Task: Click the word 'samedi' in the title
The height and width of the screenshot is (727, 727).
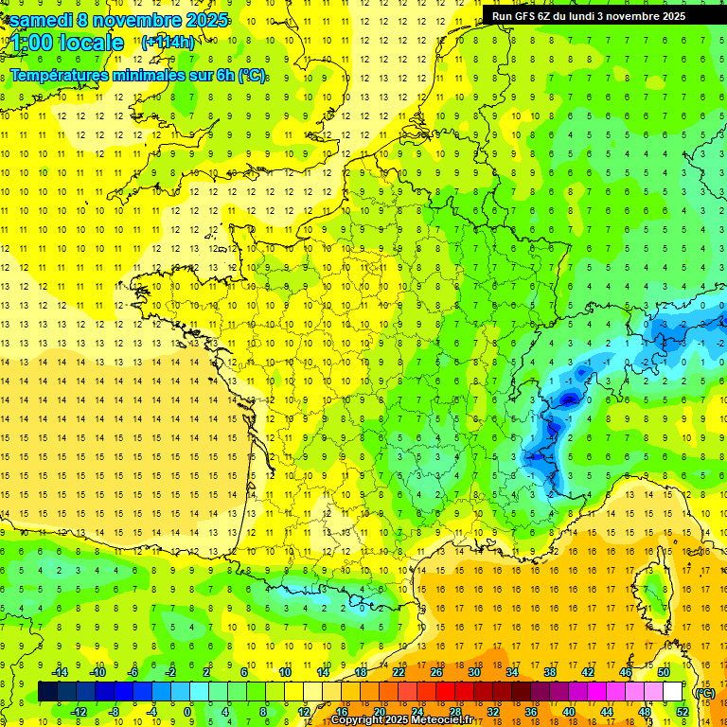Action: [x=39, y=19]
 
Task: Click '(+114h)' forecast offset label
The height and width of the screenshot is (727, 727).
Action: [x=168, y=42]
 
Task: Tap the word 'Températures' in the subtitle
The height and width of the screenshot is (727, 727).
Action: [x=58, y=75]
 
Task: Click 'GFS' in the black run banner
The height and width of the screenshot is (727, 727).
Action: [x=529, y=16]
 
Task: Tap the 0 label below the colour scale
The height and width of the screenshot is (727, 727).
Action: [x=186, y=711]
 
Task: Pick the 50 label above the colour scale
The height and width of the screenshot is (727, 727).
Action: [x=664, y=672]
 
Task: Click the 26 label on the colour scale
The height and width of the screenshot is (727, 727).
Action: [x=436, y=672]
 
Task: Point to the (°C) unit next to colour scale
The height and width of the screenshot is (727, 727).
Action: [x=704, y=692]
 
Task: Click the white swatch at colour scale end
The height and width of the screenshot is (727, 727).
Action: [x=673, y=692]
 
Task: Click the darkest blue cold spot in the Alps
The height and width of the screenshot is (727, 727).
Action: [x=568, y=399]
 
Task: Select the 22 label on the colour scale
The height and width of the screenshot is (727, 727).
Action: [x=399, y=672]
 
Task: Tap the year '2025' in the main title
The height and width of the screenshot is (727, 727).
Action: [x=202, y=19]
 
